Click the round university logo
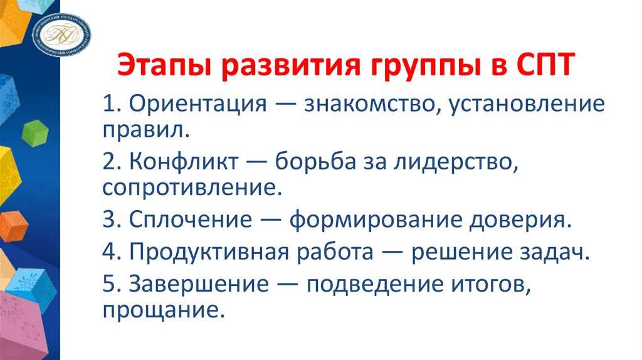click(61, 32)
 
